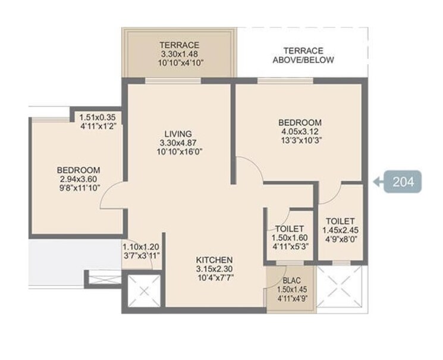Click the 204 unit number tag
[402, 181]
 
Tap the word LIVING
[178, 134]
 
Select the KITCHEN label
[215, 260]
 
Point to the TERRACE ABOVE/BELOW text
[303, 55]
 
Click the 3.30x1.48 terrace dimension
[179, 54]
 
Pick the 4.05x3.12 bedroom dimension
[300, 132]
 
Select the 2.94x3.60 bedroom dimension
[78, 178]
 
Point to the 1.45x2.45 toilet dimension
[340, 230]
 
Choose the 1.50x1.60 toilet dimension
[290, 238]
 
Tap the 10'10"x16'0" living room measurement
[178, 152]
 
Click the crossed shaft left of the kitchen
[144, 291]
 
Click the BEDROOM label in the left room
[78, 169]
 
